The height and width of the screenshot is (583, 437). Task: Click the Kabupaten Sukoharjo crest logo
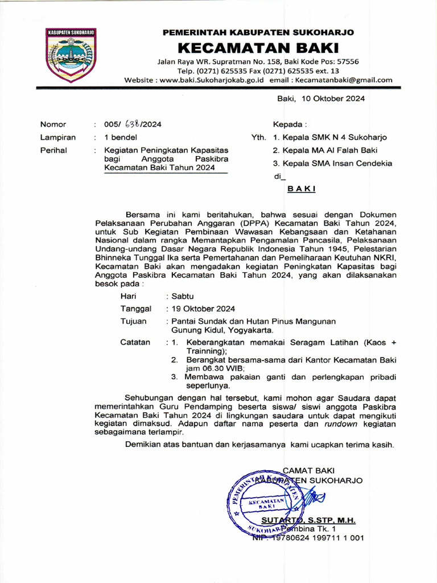pos(71,55)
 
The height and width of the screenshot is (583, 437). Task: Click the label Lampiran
pos(58,137)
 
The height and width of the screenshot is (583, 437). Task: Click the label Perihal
pos(53,150)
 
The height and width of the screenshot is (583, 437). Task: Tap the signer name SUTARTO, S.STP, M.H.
pos(308,520)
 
